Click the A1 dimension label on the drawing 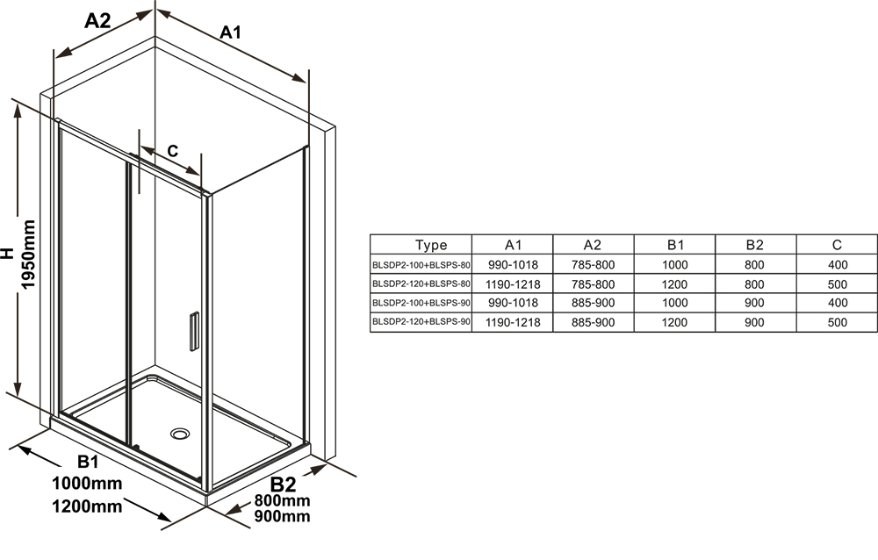(x=230, y=32)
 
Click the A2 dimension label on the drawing (x=97, y=21)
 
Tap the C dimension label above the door (x=172, y=151)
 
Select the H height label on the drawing (x=7, y=253)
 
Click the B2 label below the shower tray (x=283, y=484)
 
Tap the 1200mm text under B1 (x=87, y=506)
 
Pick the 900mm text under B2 (x=282, y=515)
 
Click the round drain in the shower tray (x=180, y=434)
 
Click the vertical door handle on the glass (x=194, y=331)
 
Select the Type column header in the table (x=431, y=245)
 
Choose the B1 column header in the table (x=675, y=245)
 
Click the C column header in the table (x=837, y=245)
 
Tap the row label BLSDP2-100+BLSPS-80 (x=421, y=264)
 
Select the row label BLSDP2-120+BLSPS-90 (x=421, y=322)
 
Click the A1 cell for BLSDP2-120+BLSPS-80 (x=513, y=284)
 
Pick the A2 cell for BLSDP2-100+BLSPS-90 (x=593, y=303)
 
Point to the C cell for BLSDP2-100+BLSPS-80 (x=837, y=264)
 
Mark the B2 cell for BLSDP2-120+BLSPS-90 (x=754, y=322)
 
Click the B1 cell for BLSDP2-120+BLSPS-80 (x=674, y=284)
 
